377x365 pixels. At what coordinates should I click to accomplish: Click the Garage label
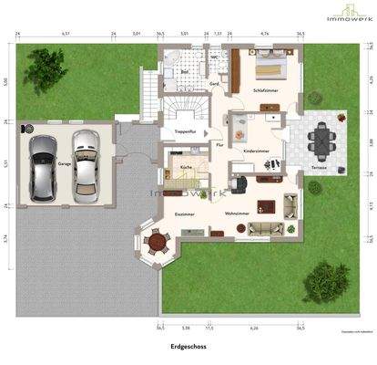tap(65, 164)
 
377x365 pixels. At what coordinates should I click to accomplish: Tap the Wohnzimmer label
tap(238, 214)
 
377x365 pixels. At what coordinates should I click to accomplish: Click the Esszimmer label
tap(185, 214)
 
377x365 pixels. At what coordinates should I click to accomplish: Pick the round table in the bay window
tap(158, 242)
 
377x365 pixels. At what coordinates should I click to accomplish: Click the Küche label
tap(185, 168)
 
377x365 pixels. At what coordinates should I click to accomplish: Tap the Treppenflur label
tap(187, 131)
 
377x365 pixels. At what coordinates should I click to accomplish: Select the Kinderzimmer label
tap(257, 150)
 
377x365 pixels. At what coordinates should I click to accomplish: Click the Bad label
tap(184, 71)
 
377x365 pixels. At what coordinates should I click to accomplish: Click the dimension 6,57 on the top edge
tap(66, 33)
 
